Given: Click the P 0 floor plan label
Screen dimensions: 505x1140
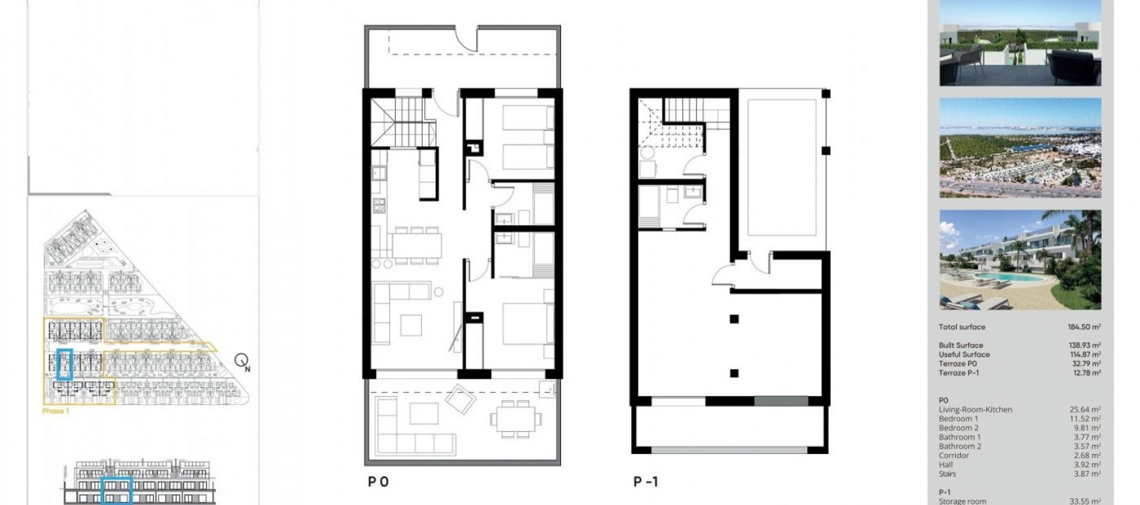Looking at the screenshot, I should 378,481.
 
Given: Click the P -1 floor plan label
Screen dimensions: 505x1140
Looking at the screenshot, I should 645,481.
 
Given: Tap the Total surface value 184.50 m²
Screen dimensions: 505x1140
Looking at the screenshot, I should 1084,327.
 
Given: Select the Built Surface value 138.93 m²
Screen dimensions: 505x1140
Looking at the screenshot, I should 1084,345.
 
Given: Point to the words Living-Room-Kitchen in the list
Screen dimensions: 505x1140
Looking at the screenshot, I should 975,409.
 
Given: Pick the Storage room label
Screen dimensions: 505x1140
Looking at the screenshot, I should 962,501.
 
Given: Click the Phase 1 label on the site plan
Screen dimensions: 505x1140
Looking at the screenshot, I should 55,411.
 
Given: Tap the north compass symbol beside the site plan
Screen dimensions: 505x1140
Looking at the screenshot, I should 242,361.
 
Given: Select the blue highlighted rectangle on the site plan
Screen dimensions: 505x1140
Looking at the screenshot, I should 64,364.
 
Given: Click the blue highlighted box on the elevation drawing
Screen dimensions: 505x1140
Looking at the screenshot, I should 116,491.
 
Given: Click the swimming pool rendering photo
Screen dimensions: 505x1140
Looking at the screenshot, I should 1019,260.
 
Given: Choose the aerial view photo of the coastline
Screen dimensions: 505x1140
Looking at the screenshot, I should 1019,148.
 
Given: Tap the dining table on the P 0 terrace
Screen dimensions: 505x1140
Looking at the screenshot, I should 515,419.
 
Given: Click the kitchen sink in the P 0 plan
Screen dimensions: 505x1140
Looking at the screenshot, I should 378,173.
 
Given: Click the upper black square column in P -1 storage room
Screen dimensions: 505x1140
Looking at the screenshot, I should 734,319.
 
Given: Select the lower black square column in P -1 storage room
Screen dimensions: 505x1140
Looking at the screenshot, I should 734,373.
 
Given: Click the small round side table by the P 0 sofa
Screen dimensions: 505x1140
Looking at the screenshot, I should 438,292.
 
